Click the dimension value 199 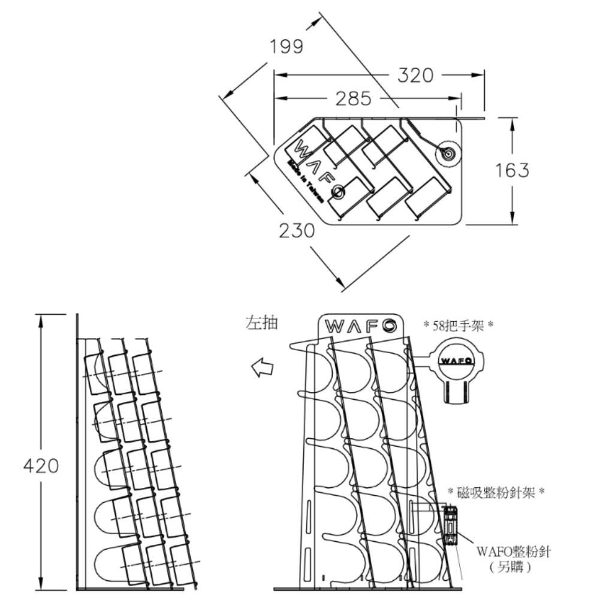pyautogui.click(x=286, y=46)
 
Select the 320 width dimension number pyautogui.click(x=415, y=76)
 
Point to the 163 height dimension pyautogui.click(x=512, y=170)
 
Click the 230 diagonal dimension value pyautogui.click(x=297, y=230)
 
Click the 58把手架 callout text pyautogui.click(x=458, y=325)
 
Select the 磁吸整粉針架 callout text pyautogui.click(x=496, y=493)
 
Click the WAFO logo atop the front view pyautogui.click(x=359, y=325)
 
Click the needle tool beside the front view pyautogui.click(x=450, y=526)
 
